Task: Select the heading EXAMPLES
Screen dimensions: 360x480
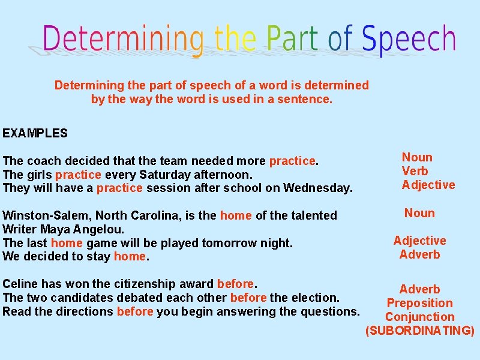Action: pyautogui.click(x=35, y=133)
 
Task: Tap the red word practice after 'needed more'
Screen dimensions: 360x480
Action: pyautogui.click(x=292, y=161)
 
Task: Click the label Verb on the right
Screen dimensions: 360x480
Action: pyautogui.click(x=415, y=171)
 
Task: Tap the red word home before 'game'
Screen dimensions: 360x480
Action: pyautogui.click(x=67, y=243)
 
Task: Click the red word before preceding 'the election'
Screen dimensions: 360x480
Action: pyautogui.click(x=248, y=298)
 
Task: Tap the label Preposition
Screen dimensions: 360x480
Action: pyautogui.click(x=419, y=303)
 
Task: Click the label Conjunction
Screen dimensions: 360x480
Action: pyautogui.click(x=419, y=317)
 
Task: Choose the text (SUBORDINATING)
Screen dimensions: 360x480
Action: pyautogui.click(x=419, y=331)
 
